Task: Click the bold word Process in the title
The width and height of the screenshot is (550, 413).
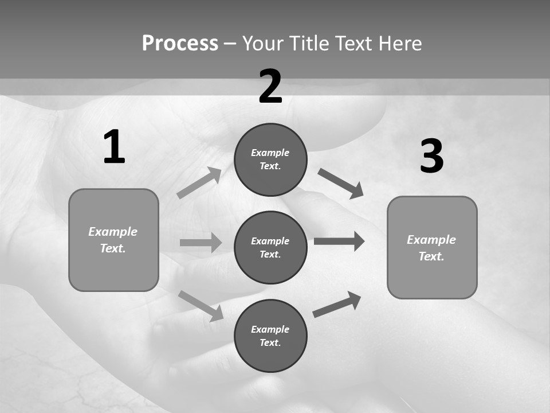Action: (x=180, y=43)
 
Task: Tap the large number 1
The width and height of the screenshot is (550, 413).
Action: (x=114, y=147)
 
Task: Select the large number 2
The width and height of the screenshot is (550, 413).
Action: (x=270, y=87)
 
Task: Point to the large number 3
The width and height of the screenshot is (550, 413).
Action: (x=431, y=157)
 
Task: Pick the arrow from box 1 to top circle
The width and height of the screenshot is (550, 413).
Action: (x=199, y=183)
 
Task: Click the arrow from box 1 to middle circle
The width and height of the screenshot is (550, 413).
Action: (x=201, y=243)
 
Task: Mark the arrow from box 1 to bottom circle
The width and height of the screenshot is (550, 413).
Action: (x=201, y=306)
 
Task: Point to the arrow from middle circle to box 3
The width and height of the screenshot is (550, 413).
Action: (x=339, y=241)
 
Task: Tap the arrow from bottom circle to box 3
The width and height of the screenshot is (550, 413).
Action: (x=337, y=305)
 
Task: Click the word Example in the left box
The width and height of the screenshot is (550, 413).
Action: (x=113, y=232)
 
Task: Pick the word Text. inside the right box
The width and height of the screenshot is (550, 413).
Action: (x=431, y=256)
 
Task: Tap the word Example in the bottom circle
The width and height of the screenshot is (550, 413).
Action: (x=270, y=329)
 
